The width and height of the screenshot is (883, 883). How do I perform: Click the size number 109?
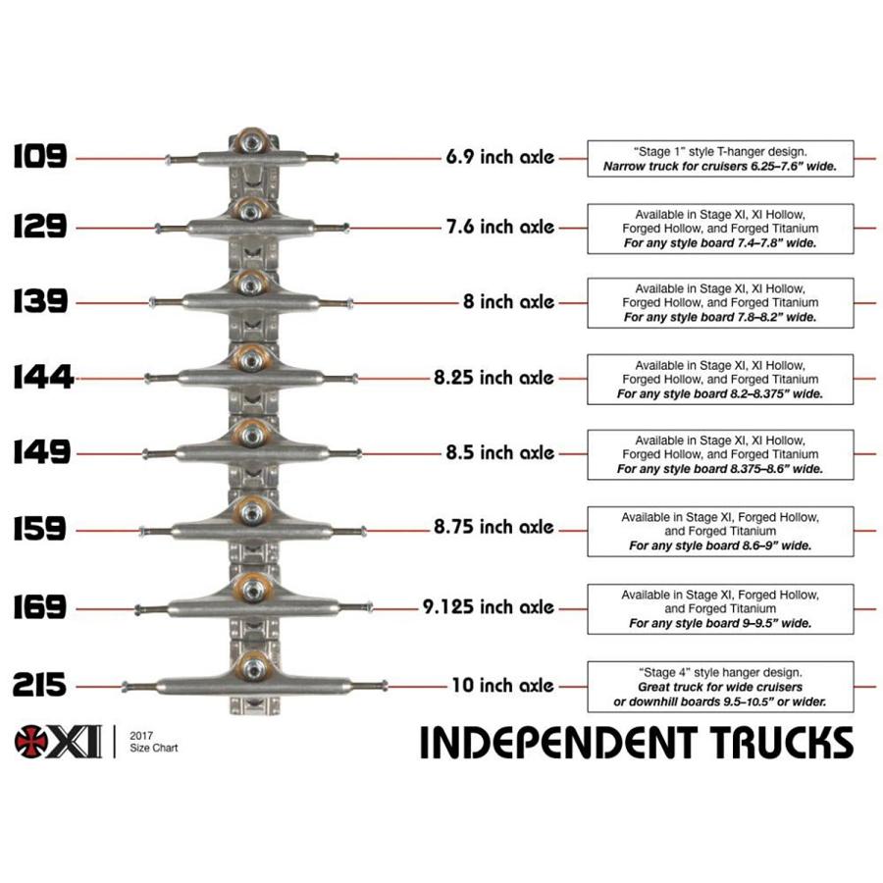(39, 156)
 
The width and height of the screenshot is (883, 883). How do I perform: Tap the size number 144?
(42, 377)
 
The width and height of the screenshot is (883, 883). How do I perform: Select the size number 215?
(40, 684)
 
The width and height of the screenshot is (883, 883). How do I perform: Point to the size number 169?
(40, 607)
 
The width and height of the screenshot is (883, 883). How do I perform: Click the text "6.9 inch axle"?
(499, 157)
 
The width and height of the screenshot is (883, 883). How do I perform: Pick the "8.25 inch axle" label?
(493, 378)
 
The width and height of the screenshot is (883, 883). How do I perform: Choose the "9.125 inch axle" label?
(489, 607)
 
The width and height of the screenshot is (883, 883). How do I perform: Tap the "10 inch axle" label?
(502, 685)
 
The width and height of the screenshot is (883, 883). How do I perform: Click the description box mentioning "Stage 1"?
(720, 159)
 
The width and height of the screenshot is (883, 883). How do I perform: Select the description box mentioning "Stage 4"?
(720, 687)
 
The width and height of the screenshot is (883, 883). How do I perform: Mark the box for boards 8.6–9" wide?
(720, 531)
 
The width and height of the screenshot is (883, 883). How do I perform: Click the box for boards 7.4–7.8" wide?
(720, 228)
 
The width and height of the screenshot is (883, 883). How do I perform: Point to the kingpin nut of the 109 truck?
(252, 143)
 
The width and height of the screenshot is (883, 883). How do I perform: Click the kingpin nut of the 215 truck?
(252, 668)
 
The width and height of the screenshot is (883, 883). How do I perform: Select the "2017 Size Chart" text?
(153, 742)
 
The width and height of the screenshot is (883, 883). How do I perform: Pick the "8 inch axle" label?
(508, 302)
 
